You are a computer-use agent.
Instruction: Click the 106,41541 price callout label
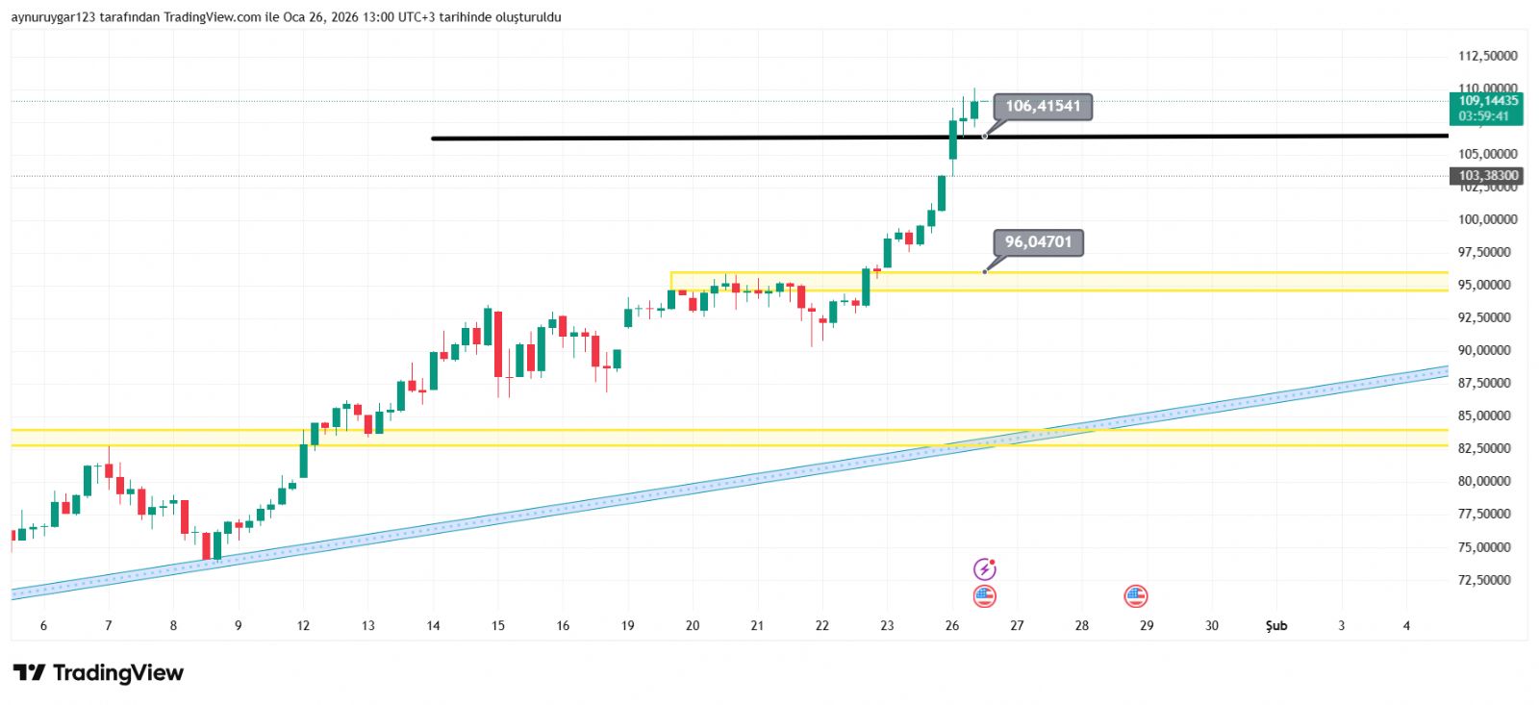(x=1043, y=107)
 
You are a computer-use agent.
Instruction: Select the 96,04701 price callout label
(x=1038, y=242)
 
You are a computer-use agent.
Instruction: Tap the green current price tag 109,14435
(x=1488, y=101)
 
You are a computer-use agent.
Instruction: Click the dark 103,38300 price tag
(x=1488, y=176)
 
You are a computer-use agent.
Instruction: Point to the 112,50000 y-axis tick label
(x=1487, y=56)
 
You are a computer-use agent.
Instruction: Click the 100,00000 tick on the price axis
(x=1487, y=219)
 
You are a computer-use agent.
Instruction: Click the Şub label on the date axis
(x=1275, y=626)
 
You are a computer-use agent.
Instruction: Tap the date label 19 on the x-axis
(x=627, y=626)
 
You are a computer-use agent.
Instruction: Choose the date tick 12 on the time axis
(x=303, y=626)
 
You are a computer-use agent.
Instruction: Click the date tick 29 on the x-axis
(x=1147, y=626)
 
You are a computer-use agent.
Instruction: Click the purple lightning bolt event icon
(x=984, y=569)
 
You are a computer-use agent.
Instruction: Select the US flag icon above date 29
(x=1136, y=596)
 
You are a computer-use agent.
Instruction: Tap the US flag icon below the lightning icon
(x=984, y=596)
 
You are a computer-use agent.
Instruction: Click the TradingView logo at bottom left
(x=98, y=672)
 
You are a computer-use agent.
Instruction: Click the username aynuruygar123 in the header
(x=53, y=17)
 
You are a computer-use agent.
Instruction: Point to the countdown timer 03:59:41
(x=1483, y=116)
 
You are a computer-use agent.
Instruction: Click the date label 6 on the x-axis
(x=43, y=626)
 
